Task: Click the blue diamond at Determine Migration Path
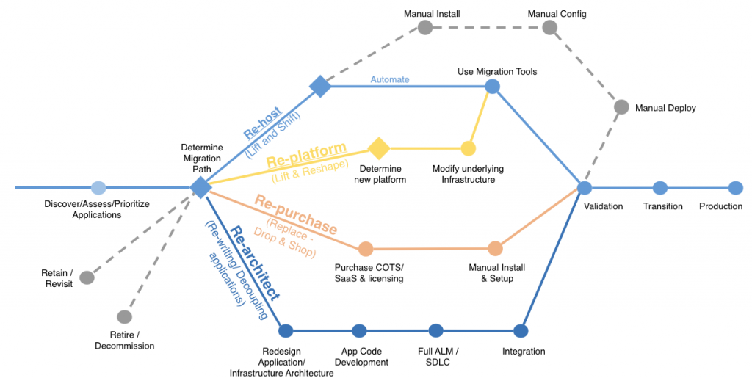pos(200,187)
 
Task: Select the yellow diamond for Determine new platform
pos(378,148)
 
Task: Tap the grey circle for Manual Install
pos(424,27)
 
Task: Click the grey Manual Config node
pos(549,27)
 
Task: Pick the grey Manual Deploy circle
pos(621,107)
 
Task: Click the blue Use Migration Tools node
pos(493,86)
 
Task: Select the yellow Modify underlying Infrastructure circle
pos(468,148)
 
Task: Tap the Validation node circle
pos(584,188)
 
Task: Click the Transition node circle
pos(659,188)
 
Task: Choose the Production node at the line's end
pos(735,188)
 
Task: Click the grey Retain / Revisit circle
pos(87,277)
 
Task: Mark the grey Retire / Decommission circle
pos(124,317)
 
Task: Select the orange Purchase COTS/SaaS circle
pos(366,249)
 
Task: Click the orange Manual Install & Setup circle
pos(495,249)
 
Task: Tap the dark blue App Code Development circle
pos(359,331)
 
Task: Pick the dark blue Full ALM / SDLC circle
pos(435,330)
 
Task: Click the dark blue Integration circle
pos(521,330)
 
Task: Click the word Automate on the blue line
pos(390,79)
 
